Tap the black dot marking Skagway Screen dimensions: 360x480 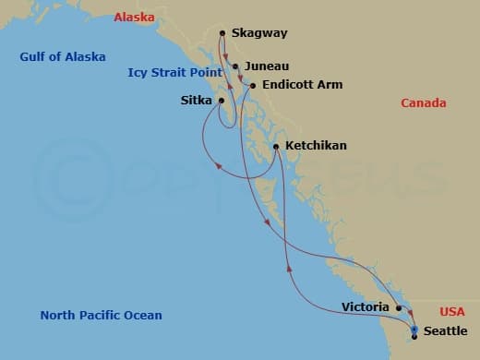pos(222,34)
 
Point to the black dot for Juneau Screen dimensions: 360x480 pos(236,66)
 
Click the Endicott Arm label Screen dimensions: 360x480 pos(302,85)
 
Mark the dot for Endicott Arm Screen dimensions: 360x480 pos(253,86)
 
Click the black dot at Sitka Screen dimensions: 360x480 pos(222,101)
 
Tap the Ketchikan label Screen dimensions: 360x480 pos(317,146)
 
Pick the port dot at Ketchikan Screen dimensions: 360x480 pos(276,146)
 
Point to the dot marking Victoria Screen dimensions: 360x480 pos(399,308)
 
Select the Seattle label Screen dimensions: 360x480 pos(445,331)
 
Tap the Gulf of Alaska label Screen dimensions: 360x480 pos(63,57)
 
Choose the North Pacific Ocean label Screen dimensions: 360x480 pos(101,316)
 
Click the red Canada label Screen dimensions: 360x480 pos(424,103)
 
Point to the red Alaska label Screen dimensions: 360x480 pos(135,17)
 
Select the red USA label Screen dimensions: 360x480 pos(452,311)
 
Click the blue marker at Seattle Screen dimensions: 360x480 pos(414,330)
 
